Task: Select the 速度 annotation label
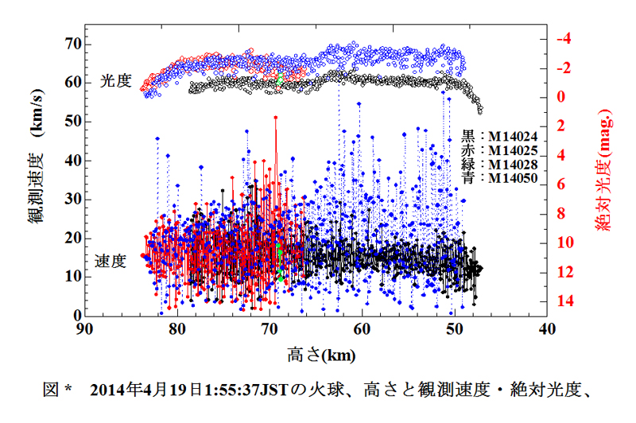[111, 261]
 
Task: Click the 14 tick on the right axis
[564, 301]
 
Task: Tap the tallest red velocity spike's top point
[276, 117]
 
